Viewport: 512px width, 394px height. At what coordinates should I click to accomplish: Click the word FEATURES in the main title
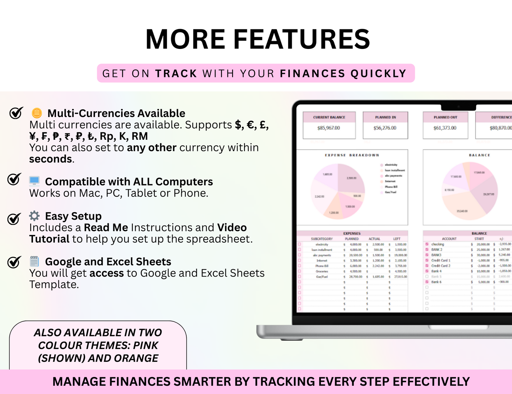[x=302, y=39]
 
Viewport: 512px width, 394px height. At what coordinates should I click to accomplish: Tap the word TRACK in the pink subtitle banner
[x=176, y=73]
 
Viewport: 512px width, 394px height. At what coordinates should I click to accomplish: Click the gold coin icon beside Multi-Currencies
[x=37, y=113]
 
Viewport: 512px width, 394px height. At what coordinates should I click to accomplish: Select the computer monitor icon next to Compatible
[x=34, y=181]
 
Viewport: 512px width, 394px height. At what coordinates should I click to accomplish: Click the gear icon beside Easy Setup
[x=34, y=216]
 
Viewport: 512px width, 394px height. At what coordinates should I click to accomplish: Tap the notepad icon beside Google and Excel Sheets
[x=34, y=261]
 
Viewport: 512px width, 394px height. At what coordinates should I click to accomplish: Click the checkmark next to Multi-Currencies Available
[x=16, y=113]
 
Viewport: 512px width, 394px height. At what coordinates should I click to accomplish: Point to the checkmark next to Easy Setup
[x=14, y=218]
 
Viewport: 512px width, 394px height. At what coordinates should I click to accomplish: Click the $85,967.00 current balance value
[x=328, y=128]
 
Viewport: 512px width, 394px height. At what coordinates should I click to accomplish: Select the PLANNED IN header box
[x=386, y=117]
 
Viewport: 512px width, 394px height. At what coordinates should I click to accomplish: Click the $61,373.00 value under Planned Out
[x=445, y=128]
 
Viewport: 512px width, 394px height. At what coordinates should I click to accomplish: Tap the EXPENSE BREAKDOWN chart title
[x=352, y=155]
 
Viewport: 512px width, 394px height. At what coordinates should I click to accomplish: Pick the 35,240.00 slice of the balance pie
[x=462, y=211]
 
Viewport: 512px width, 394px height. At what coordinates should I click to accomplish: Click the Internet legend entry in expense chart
[x=390, y=181]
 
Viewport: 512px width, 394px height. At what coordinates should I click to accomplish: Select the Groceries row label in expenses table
[x=322, y=271]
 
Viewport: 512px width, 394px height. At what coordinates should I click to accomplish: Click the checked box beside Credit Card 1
[x=427, y=260]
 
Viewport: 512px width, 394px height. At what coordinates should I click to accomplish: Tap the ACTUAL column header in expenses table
[x=374, y=239]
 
